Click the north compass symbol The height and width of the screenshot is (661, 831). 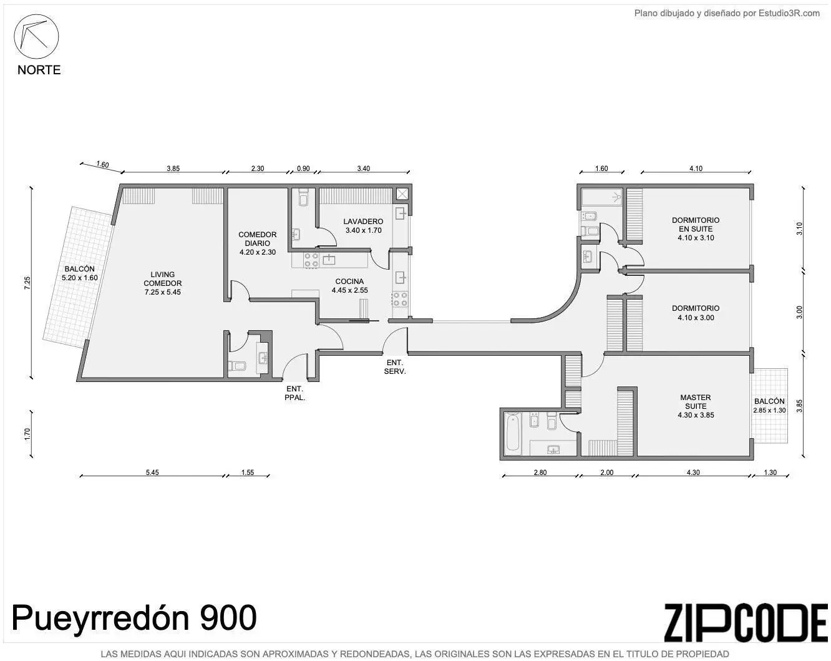point(36,37)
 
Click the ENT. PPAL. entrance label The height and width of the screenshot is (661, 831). point(294,393)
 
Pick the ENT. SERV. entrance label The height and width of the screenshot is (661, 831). point(395,366)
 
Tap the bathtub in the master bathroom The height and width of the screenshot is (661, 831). point(513,433)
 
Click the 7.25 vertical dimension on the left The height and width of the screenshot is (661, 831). point(27,283)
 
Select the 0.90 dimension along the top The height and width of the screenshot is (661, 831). point(303,169)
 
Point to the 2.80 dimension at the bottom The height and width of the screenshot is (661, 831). point(540,472)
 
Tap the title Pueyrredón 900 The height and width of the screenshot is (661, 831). point(134,619)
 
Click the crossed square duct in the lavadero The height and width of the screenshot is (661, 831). point(402,194)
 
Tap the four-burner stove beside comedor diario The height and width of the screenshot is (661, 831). point(311,260)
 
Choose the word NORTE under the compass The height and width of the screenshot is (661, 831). point(39,70)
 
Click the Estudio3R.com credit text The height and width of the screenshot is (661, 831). point(727,13)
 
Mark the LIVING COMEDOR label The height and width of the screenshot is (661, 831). point(163,283)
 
